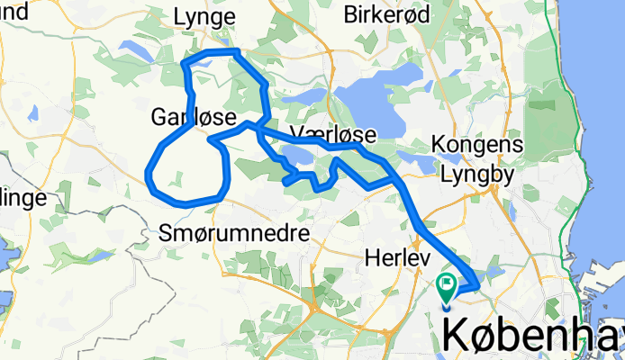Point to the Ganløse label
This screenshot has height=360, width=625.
(x=193, y=117)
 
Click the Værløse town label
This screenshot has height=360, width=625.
(x=333, y=134)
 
